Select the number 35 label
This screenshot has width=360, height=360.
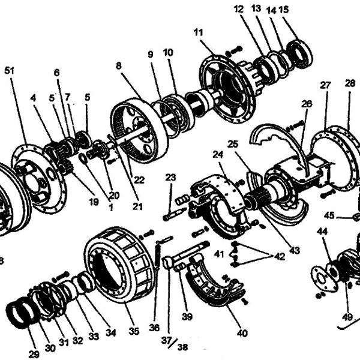pyautogui.click(x=134, y=331)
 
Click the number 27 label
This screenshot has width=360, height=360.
pyautogui.click(x=325, y=85)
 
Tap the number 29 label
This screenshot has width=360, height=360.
pyautogui.click(x=34, y=354)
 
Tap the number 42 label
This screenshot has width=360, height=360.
pyautogui.click(x=279, y=256)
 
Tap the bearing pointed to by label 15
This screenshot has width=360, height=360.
pyautogui.click(x=299, y=52)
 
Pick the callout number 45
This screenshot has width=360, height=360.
pyautogui.click(x=329, y=215)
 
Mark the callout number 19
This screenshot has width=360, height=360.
pyautogui.click(x=92, y=202)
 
